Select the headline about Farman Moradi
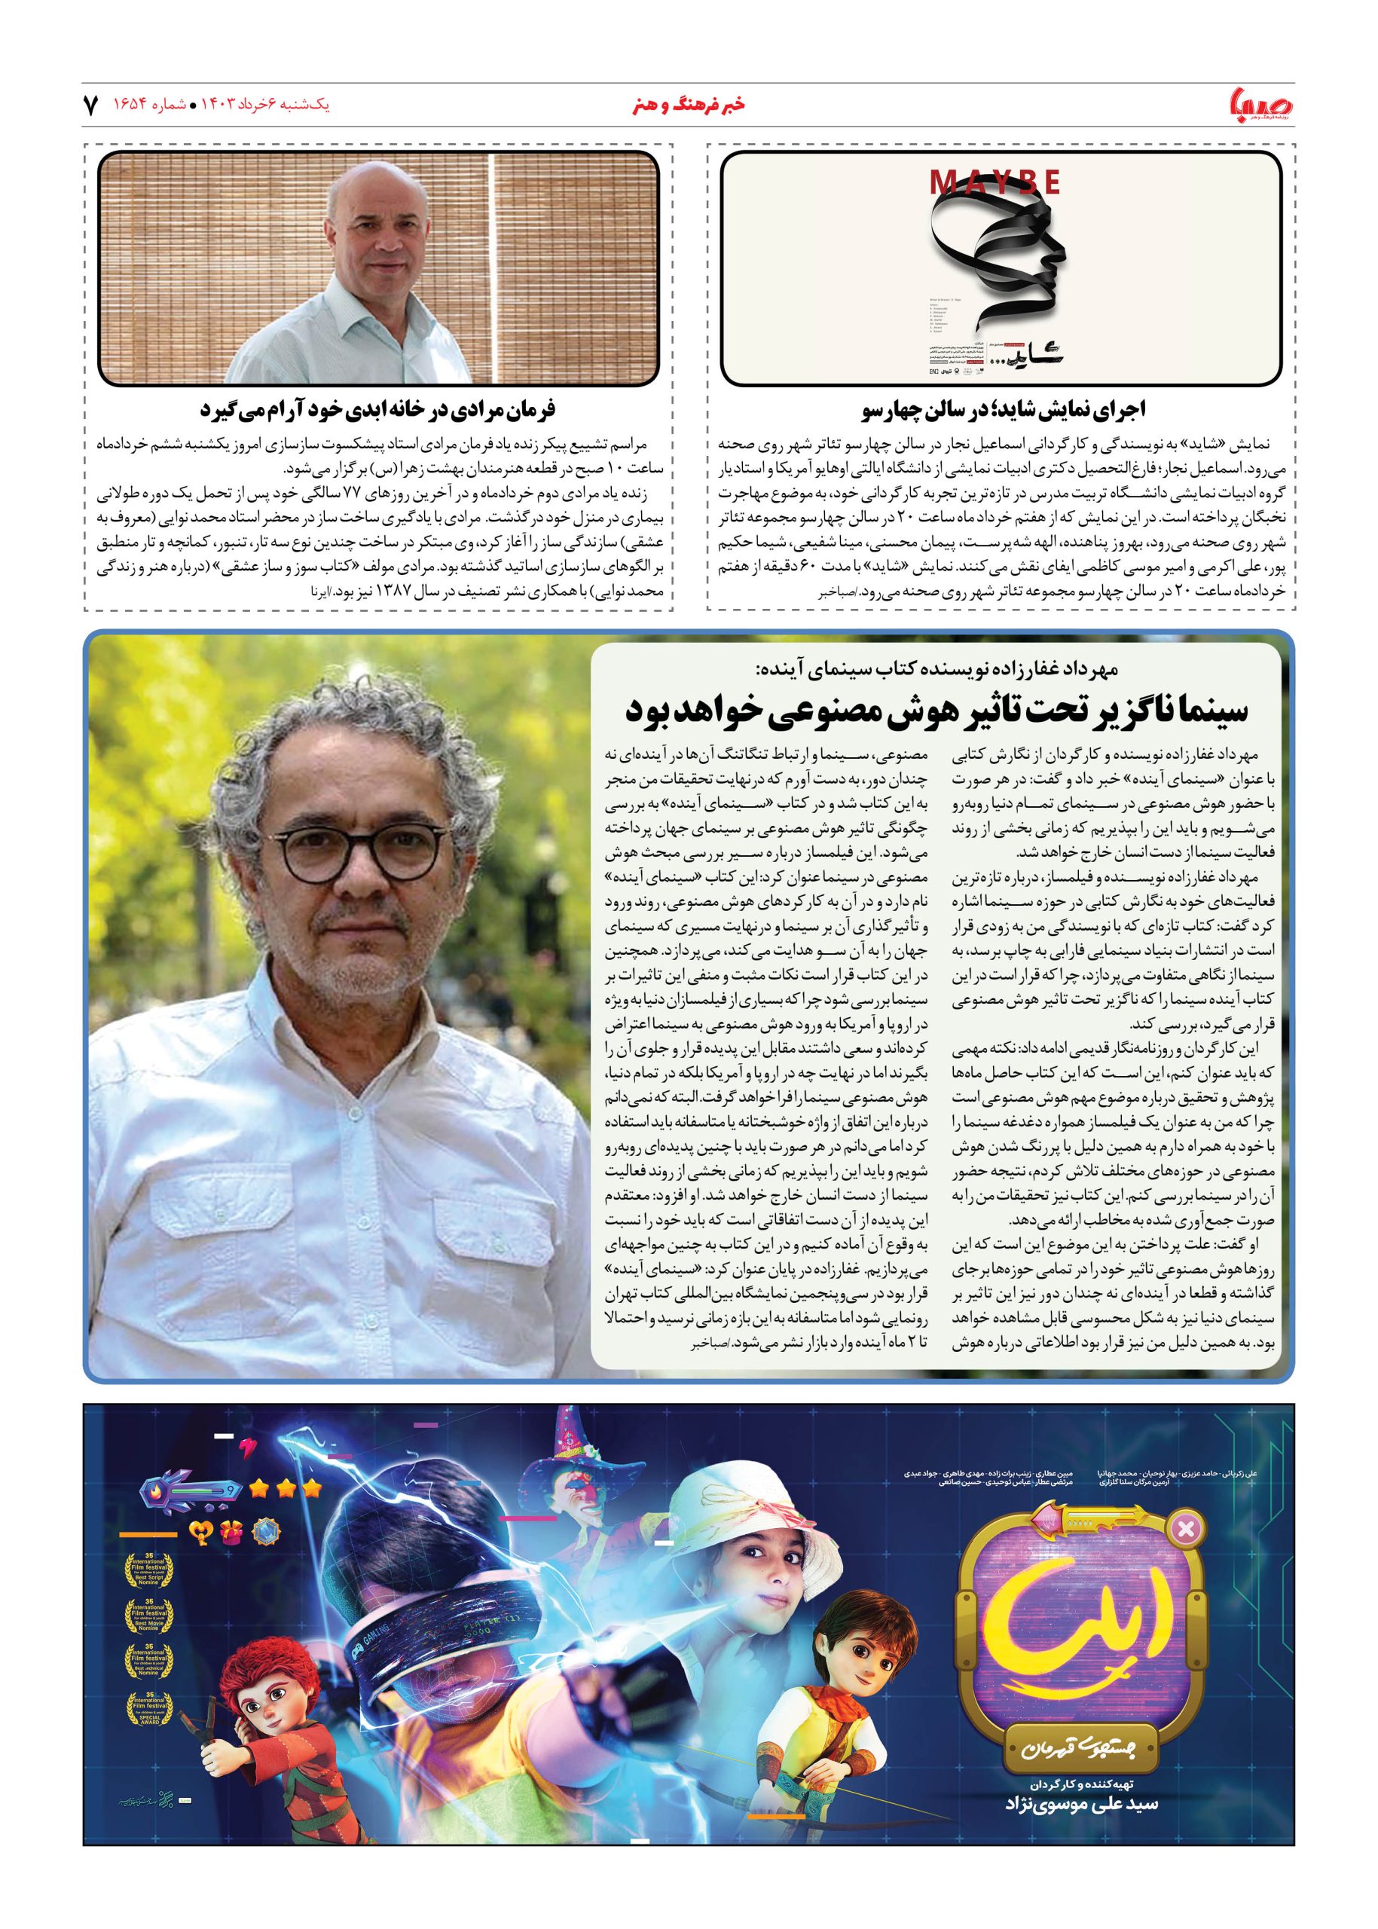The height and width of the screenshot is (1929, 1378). [x=377, y=410]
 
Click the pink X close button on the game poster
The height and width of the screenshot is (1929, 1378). [x=1186, y=1530]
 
